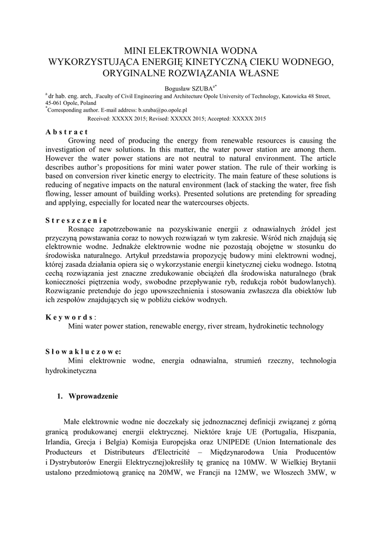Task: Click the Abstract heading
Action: (66, 132)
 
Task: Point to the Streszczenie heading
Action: (76, 221)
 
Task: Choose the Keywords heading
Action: (70, 317)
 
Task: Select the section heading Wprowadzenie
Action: (93, 396)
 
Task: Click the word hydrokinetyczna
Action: (70, 371)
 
